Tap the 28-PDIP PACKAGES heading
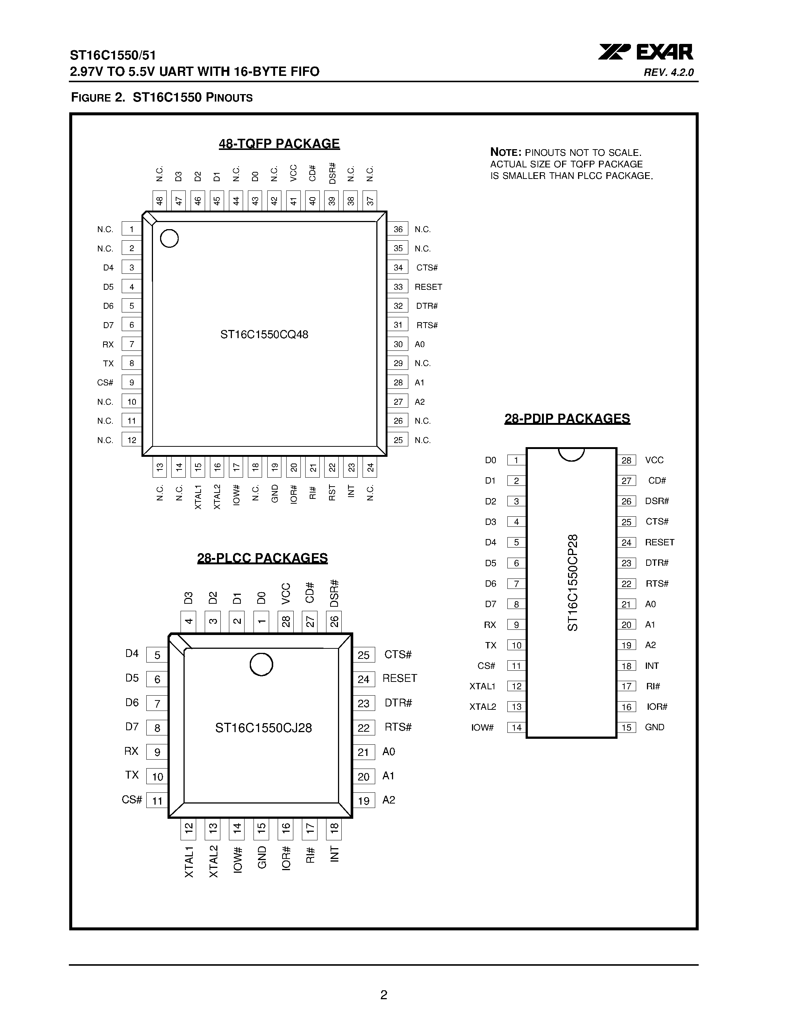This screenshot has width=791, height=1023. [567, 418]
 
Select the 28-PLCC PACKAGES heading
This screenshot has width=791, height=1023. [262, 558]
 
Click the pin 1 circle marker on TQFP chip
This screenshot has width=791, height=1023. [169, 238]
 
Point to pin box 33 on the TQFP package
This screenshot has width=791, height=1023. [398, 287]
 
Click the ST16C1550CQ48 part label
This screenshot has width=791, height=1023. [264, 334]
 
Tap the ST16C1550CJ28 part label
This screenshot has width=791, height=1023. [263, 727]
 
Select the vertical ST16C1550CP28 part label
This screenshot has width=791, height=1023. [572, 583]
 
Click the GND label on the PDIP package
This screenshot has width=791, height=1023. [654, 727]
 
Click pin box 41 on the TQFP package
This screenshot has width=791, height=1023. [293, 201]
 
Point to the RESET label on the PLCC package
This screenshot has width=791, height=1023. [399, 678]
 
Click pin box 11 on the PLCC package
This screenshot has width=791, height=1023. [157, 801]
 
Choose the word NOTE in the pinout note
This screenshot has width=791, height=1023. [505, 152]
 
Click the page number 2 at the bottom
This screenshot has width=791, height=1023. [384, 995]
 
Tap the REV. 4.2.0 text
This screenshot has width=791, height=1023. [669, 73]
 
